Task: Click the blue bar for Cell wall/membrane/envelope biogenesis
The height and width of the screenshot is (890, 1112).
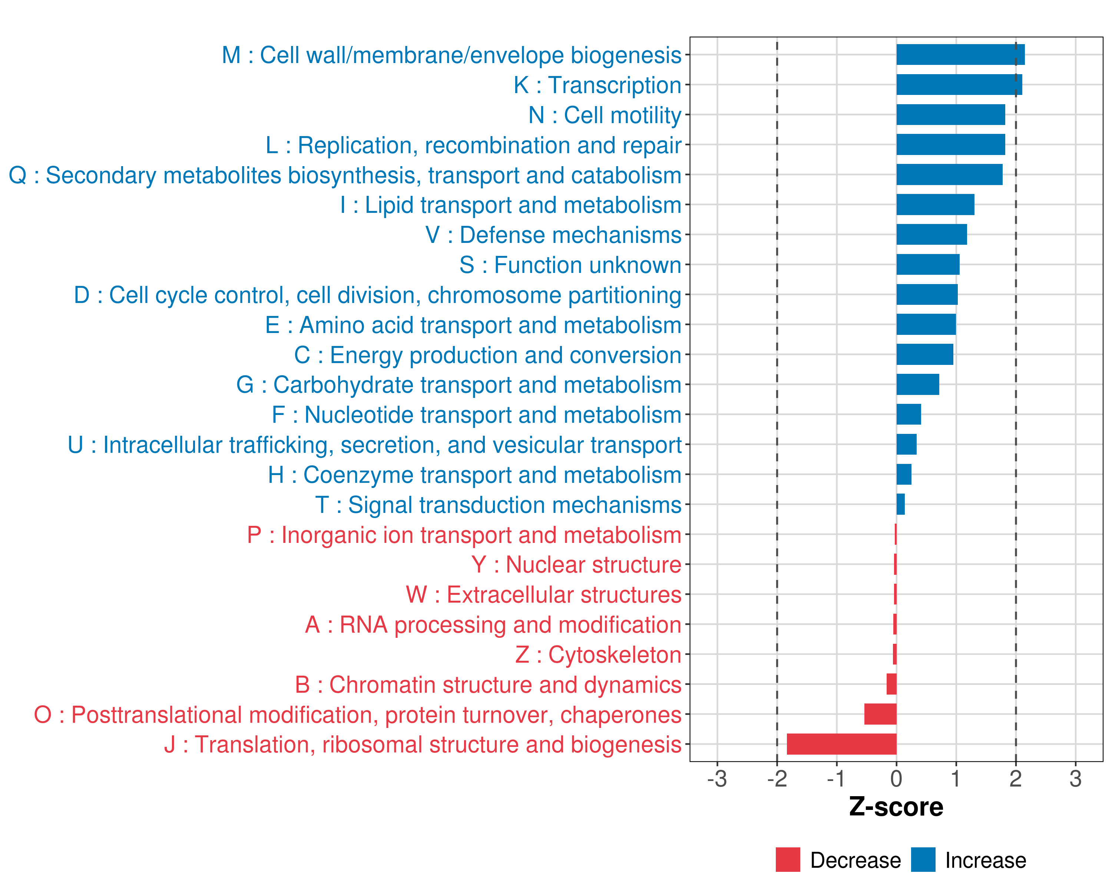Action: [960, 55]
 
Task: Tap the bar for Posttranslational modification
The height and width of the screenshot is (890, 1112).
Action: [880, 714]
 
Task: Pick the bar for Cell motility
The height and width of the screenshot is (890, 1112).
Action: [950, 115]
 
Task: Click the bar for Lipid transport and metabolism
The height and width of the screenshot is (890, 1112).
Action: [935, 204]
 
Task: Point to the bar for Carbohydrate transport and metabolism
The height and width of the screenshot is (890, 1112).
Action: [917, 385]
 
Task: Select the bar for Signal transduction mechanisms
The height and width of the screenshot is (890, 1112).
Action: [900, 504]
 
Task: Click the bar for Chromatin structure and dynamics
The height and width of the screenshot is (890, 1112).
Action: [891, 684]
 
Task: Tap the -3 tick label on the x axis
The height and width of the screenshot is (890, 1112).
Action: [717, 778]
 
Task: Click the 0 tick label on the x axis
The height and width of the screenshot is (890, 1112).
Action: [896, 778]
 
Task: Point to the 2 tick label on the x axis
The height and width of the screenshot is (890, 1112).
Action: [1016, 778]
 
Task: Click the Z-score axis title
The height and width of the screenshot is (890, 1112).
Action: [896, 807]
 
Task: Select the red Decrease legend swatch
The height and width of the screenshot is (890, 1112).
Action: [788, 860]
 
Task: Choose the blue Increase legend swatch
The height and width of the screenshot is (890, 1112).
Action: [923, 860]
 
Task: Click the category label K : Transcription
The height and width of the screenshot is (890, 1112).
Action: [597, 85]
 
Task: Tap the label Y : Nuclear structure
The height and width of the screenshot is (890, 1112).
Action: [576, 564]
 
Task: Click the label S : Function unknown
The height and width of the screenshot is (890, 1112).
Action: [570, 265]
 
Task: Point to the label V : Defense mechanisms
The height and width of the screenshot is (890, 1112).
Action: [553, 235]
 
